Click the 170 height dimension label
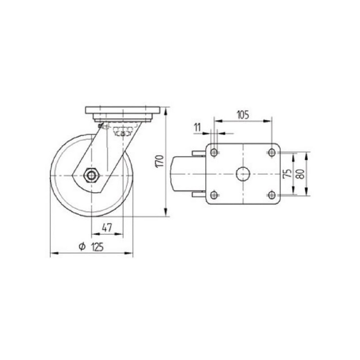(x=160, y=161)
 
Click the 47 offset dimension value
(x=107, y=228)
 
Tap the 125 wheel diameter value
(x=98, y=247)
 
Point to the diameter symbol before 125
(x=82, y=246)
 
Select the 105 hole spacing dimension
(x=243, y=115)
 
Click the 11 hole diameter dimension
(x=197, y=127)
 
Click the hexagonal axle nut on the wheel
(x=92, y=175)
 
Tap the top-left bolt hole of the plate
(x=214, y=153)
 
